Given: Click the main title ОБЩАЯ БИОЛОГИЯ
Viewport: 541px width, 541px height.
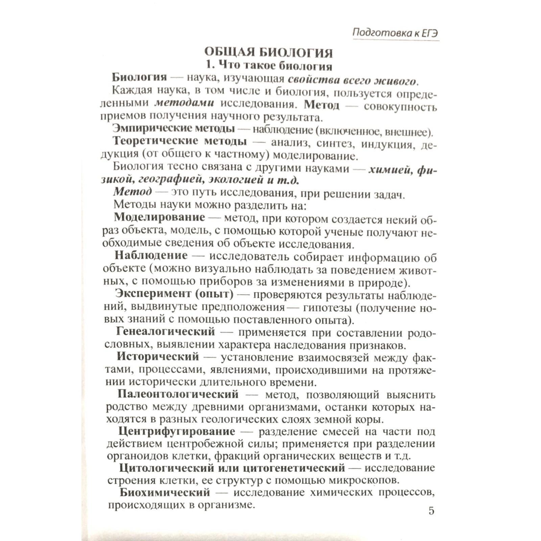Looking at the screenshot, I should click(268, 53).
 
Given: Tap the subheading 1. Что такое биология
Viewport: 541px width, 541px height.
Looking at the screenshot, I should click(269, 65).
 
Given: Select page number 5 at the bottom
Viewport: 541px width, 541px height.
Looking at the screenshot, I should click(431, 511).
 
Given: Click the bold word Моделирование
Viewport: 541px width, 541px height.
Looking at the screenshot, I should click(160, 217).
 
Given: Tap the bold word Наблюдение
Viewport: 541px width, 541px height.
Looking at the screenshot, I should click(151, 255).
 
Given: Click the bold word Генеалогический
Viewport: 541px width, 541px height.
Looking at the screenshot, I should click(165, 331).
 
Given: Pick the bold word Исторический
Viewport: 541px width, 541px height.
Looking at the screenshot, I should click(158, 357).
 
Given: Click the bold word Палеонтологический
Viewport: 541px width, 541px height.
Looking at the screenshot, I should click(178, 394).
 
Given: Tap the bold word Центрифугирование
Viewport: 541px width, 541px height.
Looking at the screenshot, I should click(177, 432).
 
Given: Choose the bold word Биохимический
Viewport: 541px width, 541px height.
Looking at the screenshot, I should click(165, 492).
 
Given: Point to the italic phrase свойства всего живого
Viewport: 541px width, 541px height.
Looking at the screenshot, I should click(352, 80).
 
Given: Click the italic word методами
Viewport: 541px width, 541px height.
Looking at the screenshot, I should click(185, 103).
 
